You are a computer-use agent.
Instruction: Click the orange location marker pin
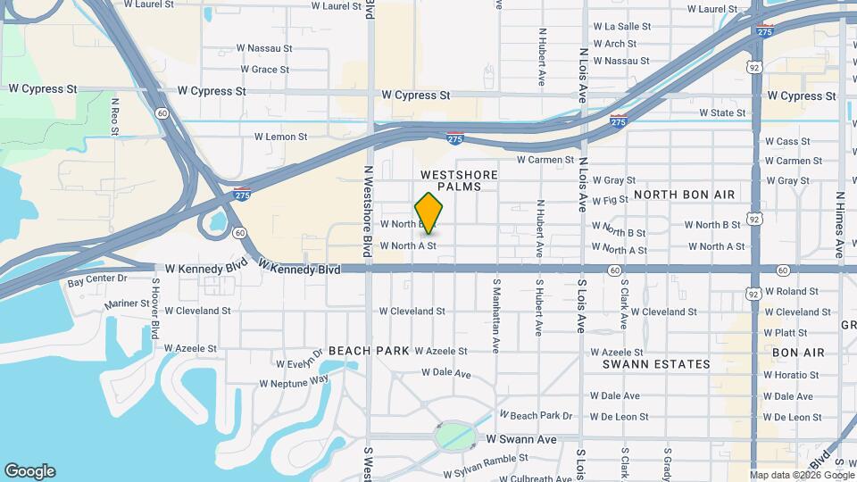(x=429, y=213)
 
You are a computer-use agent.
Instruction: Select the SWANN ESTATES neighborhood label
(x=656, y=364)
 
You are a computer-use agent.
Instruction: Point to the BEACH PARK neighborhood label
(x=362, y=352)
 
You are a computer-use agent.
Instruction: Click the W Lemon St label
(x=280, y=137)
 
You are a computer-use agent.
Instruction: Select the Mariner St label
(x=127, y=303)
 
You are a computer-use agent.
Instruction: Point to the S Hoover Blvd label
(x=154, y=309)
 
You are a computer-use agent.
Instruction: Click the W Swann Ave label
(x=521, y=440)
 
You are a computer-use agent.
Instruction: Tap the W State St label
(x=722, y=113)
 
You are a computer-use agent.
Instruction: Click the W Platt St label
(x=786, y=333)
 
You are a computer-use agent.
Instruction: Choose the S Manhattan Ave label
(x=495, y=306)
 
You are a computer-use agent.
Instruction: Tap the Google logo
(x=29, y=471)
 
